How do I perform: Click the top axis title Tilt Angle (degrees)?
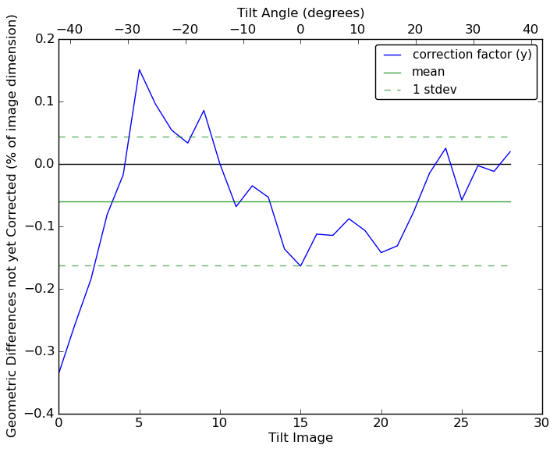(x=300, y=12)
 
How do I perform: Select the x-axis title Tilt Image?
(x=300, y=438)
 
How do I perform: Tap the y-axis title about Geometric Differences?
(x=12, y=226)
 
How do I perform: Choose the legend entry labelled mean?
(x=428, y=72)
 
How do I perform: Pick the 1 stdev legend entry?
(x=435, y=89)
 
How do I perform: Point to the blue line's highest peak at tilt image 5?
(x=139, y=69)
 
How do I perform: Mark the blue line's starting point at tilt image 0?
(x=59, y=373)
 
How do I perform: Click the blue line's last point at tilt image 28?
(x=510, y=151)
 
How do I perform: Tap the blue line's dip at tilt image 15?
(x=300, y=266)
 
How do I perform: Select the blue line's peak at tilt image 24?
(x=445, y=148)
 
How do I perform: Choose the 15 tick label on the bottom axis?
(x=300, y=422)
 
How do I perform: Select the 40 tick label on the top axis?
(x=530, y=29)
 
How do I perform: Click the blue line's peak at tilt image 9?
(x=204, y=110)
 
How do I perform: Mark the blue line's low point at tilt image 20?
(x=381, y=252)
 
